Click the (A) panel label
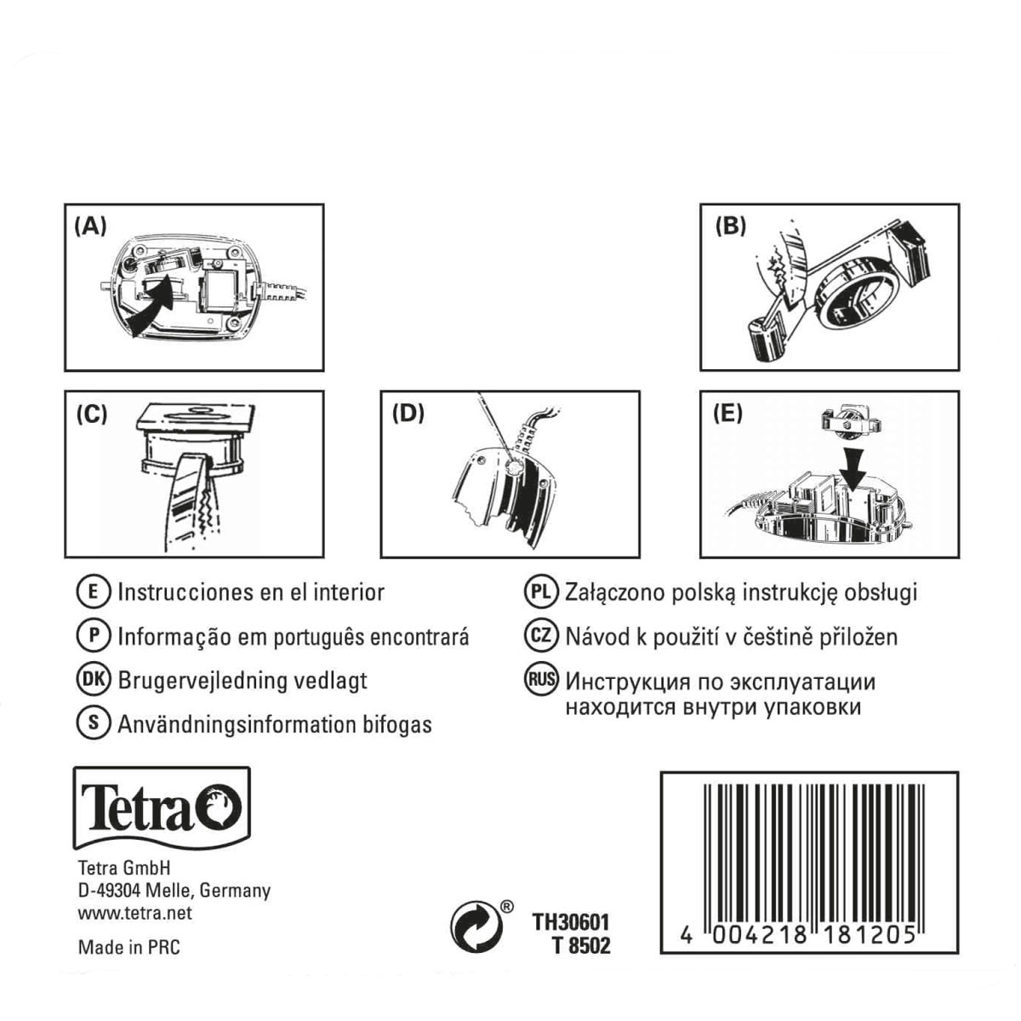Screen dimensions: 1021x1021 tap(90, 227)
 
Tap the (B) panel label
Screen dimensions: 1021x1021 tap(730, 227)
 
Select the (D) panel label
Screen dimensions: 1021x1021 tap(408, 414)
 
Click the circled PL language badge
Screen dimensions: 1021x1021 tap(541, 592)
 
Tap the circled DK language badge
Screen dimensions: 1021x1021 tap(94, 680)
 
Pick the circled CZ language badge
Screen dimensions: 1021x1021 tap(541, 636)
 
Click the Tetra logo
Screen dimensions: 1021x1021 tap(162, 807)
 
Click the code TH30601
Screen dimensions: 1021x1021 tap(571, 923)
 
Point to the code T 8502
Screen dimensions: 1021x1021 tap(581, 946)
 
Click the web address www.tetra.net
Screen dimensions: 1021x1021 tap(135, 914)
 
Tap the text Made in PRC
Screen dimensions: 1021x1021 tap(129, 947)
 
